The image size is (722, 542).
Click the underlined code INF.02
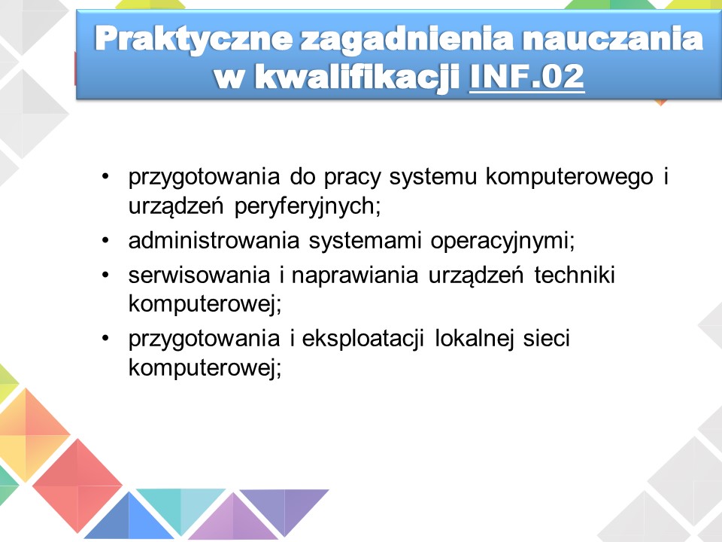pos(526,76)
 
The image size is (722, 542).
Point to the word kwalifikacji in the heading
pos(357,78)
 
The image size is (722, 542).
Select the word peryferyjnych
pos(307,206)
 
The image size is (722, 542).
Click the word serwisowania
pos(199,276)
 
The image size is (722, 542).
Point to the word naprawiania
pos(354,276)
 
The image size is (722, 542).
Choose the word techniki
pos(574,275)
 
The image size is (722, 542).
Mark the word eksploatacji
pos(363,340)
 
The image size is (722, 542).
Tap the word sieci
pos(547,338)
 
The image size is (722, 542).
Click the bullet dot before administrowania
pos(105,240)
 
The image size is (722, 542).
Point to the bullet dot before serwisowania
pos(105,276)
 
